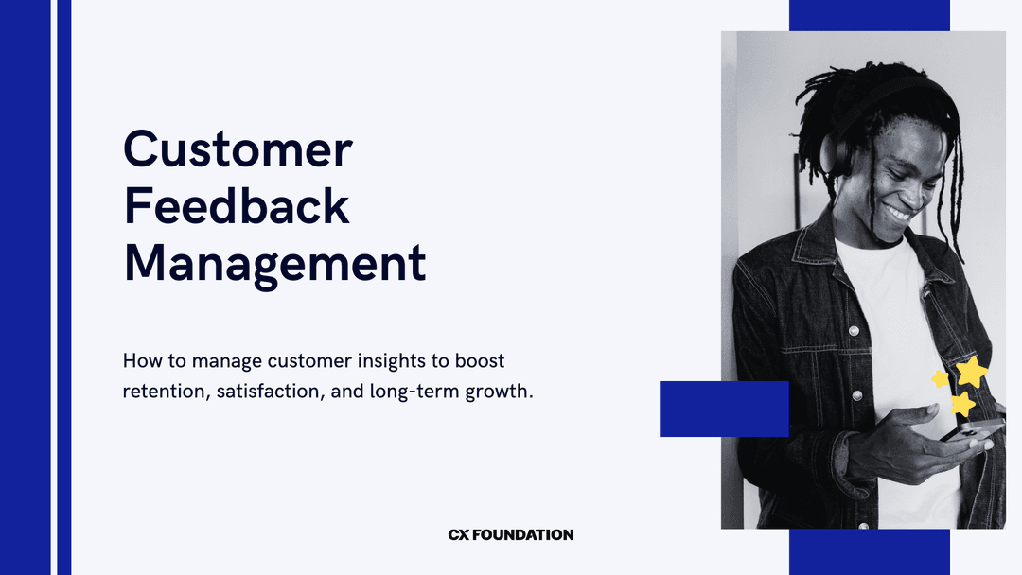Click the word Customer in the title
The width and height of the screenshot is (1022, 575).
(238, 149)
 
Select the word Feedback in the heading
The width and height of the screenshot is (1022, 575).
(237, 207)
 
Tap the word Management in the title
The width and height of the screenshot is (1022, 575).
(274, 264)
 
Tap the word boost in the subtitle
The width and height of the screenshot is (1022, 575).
(480, 361)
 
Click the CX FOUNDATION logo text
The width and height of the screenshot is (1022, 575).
(511, 535)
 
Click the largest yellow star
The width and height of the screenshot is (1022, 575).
(972, 371)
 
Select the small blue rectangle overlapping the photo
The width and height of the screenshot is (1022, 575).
(724, 409)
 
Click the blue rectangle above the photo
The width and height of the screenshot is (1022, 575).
(869, 15)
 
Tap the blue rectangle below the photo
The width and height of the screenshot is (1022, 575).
(869, 552)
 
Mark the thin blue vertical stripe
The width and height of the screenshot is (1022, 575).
(63, 287)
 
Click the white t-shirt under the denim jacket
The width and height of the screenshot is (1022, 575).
(885, 312)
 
